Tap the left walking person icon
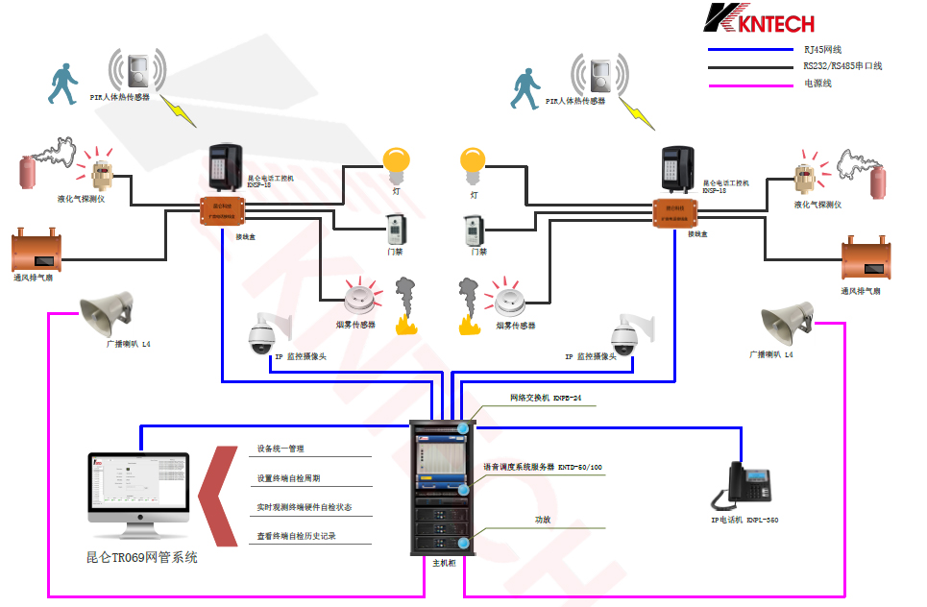[62, 84]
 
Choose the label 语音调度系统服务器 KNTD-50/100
[543, 468]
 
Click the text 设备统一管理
[281, 449]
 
